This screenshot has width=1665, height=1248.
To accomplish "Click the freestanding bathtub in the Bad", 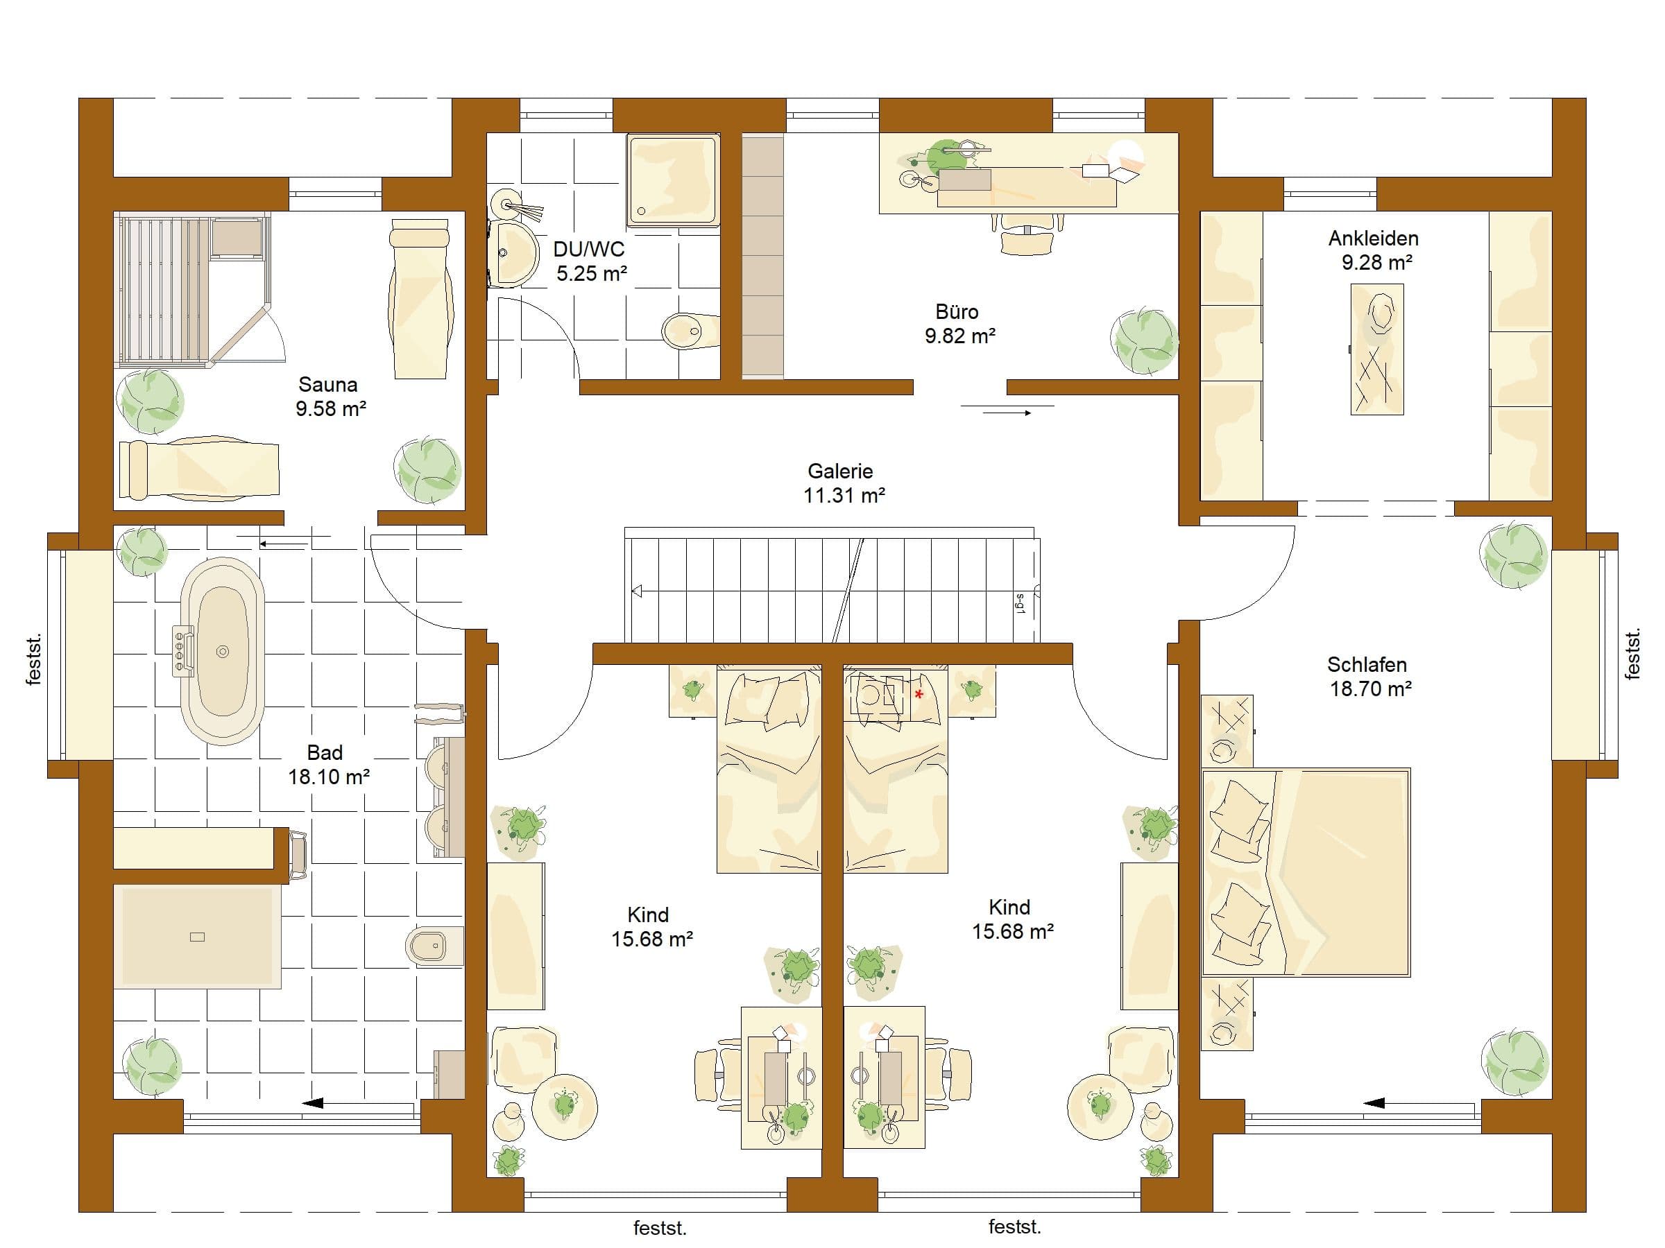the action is click(x=223, y=651).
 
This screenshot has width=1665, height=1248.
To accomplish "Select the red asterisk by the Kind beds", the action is click(x=919, y=694).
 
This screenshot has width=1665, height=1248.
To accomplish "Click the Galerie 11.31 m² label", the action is click(x=842, y=483).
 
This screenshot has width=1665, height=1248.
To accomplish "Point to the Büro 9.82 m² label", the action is click(x=959, y=324).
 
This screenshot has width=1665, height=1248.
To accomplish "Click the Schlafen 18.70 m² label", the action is click(x=1369, y=676).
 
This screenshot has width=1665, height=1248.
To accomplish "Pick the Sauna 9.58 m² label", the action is click(x=330, y=397).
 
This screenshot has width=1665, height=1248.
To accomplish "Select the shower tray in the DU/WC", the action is click(x=672, y=179).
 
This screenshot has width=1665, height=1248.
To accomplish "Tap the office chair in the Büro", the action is click(x=1027, y=234).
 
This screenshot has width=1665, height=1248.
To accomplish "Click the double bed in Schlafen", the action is click(x=1306, y=872).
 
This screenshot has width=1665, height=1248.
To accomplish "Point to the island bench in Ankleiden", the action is click(x=1376, y=349).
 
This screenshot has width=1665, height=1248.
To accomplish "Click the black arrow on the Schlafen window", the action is click(x=1374, y=1104).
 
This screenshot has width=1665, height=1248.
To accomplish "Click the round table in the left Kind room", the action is click(x=565, y=1107).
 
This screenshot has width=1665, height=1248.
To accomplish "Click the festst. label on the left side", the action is click(x=33, y=660).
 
